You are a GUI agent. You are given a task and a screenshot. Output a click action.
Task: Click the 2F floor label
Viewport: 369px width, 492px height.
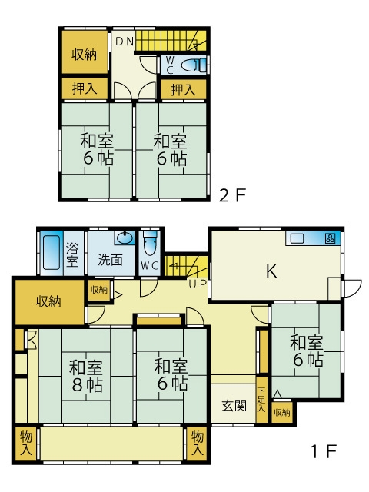tap(232, 195)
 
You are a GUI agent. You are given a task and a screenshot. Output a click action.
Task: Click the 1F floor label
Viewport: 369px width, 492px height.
tap(324, 451)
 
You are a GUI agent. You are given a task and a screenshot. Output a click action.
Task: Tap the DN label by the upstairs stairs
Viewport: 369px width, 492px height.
tap(125, 42)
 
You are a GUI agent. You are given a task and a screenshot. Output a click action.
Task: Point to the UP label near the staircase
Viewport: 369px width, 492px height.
tap(198, 284)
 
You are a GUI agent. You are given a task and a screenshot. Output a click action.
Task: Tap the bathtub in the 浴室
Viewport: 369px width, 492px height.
tap(51, 252)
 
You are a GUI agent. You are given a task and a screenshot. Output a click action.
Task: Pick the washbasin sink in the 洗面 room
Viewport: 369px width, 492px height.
tap(125, 238)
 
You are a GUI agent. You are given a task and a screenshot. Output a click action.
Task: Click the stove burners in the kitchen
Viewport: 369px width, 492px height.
tap(330, 238)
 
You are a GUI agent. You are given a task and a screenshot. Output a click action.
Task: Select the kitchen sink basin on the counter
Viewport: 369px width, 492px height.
tap(297, 239)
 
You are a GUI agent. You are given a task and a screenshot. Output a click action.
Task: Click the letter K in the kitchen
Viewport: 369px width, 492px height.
tap(271, 271)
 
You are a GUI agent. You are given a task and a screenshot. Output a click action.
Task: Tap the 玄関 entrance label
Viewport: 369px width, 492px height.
tap(234, 406)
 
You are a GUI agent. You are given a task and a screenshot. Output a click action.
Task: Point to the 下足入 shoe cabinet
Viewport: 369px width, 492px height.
tap(261, 400)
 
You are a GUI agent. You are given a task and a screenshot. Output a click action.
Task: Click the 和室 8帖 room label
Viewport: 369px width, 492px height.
tap(85, 377)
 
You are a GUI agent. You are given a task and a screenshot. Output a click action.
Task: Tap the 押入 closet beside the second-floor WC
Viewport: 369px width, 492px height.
tap(183, 90)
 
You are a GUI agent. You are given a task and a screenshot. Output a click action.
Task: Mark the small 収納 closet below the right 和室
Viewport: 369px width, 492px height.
tap(282, 412)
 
